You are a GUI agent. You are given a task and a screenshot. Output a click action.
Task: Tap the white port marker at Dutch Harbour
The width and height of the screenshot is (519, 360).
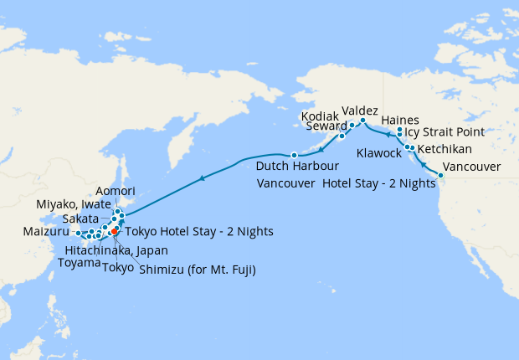(x=294, y=155)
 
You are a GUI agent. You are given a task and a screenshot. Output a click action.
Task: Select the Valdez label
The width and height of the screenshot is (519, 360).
(x=360, y=111)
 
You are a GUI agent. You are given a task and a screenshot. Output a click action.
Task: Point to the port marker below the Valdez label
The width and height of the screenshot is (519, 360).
(x=362, y=121)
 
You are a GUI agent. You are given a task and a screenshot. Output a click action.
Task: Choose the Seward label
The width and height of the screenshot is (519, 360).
(x=326, y=126)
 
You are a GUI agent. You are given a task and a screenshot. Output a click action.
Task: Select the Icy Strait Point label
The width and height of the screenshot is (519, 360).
(x=448, y=132)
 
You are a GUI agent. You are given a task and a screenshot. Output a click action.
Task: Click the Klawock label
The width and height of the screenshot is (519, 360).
(x=378, y=154)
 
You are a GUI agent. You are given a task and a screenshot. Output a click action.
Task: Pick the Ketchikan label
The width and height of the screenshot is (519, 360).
(x=444, y=149)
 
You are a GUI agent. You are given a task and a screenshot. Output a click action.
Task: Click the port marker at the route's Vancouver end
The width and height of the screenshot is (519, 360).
(x=441, y=174)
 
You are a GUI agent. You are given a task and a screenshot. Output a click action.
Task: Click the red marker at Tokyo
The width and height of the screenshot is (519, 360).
(x=114, y=231)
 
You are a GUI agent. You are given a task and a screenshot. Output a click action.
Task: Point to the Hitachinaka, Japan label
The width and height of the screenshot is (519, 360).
(x=117, y=249)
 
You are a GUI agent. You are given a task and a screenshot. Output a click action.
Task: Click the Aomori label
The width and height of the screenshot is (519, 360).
(x=116, y=191)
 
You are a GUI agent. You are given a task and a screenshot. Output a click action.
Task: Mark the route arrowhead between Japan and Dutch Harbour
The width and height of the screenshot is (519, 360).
(x=202, y=178)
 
